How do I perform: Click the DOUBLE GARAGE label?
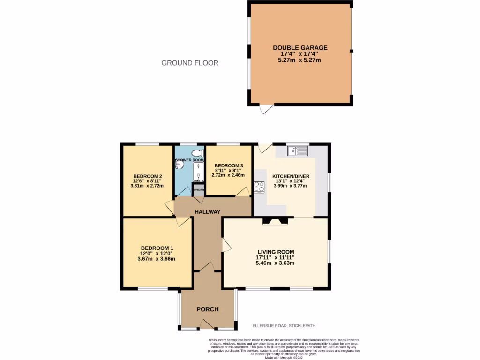click(300, 48)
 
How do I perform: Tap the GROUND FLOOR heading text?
click(190, 63)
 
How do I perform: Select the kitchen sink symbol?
click(297, 150)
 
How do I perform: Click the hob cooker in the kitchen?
click(259, 187)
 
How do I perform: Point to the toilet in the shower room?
click(197, 152)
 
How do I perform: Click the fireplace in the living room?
click(275, 221)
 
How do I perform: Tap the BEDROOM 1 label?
click(157, 248)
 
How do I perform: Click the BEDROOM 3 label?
click(229, 166)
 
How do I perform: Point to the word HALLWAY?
click(208, 212)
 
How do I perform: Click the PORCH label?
click(208, 309)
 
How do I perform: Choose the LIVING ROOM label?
click(275, 251)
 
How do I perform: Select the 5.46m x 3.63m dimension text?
click(275, 263)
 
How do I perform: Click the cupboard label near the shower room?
click(199, 190)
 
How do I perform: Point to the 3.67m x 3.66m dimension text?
click(157, 259)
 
